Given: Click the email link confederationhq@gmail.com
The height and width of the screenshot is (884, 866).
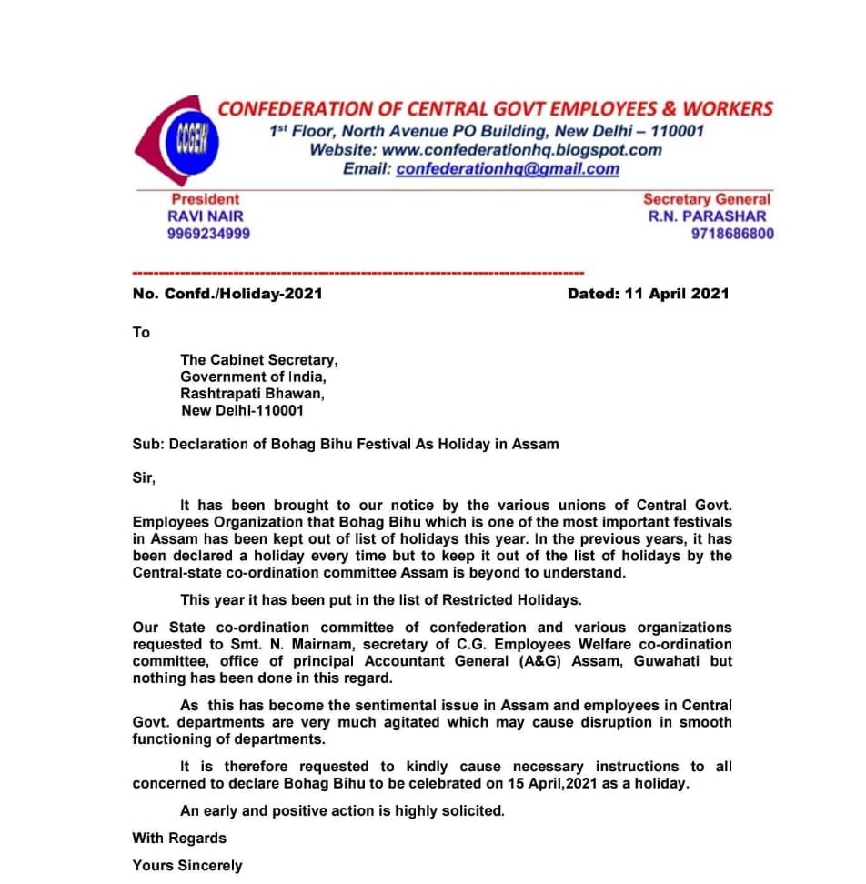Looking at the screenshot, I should tap(508, 168).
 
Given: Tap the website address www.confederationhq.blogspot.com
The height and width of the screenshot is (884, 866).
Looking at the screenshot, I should tap(522, 149).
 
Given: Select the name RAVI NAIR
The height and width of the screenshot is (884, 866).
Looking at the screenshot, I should tap(206, 216).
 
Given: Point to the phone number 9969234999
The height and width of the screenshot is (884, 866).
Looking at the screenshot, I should tap(208, 234).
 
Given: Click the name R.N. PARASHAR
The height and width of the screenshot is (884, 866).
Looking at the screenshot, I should tap(707, 216).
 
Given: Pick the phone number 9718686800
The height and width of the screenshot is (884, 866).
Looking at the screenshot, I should tap(732, 234).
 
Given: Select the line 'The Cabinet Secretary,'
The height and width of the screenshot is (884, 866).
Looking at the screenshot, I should tap(258, 360).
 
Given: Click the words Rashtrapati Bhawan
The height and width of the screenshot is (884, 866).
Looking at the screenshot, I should tap(251, 394).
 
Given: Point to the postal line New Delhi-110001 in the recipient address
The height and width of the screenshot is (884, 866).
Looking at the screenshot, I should tap(242, 410).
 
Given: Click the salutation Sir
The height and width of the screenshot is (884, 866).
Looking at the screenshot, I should tap(144, 477).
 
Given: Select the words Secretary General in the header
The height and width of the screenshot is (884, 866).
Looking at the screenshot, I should tap(706, 199).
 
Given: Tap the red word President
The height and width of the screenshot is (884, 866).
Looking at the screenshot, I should tap(206, 199).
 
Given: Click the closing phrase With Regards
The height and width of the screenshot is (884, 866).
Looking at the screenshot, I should tap(179, 838).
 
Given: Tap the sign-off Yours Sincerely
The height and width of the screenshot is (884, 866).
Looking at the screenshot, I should tap(187, 865).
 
